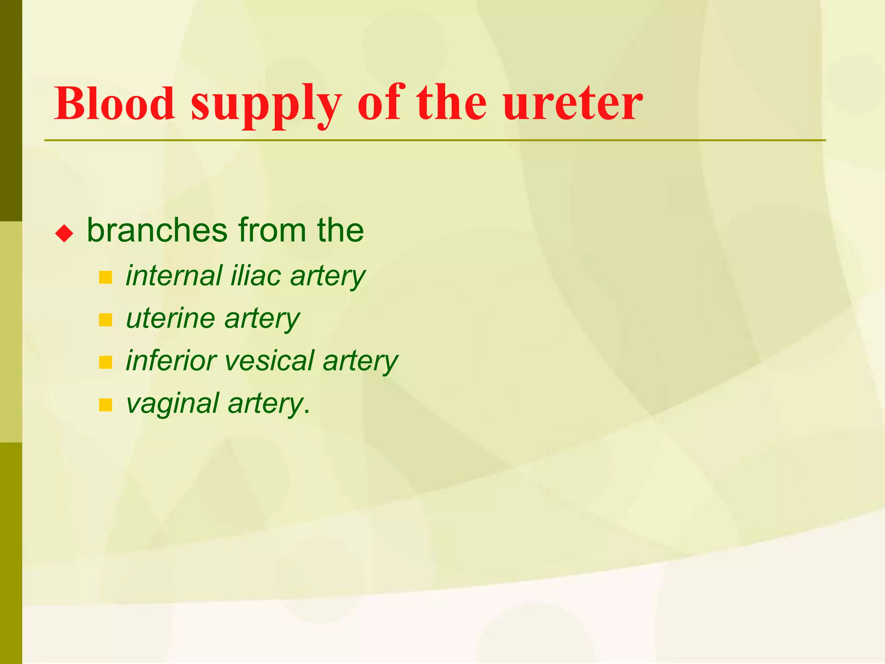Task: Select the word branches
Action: pos(157,230)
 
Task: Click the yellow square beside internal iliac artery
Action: pos(105,278)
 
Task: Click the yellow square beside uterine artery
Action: pos(105,320)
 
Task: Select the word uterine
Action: pos(170,318)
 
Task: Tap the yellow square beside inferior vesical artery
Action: pos(105,363)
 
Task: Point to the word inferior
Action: pos(171,361)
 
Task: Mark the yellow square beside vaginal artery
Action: pos(105,405)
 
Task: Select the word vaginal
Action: pos(172,403)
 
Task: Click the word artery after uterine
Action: pos(262,319)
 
